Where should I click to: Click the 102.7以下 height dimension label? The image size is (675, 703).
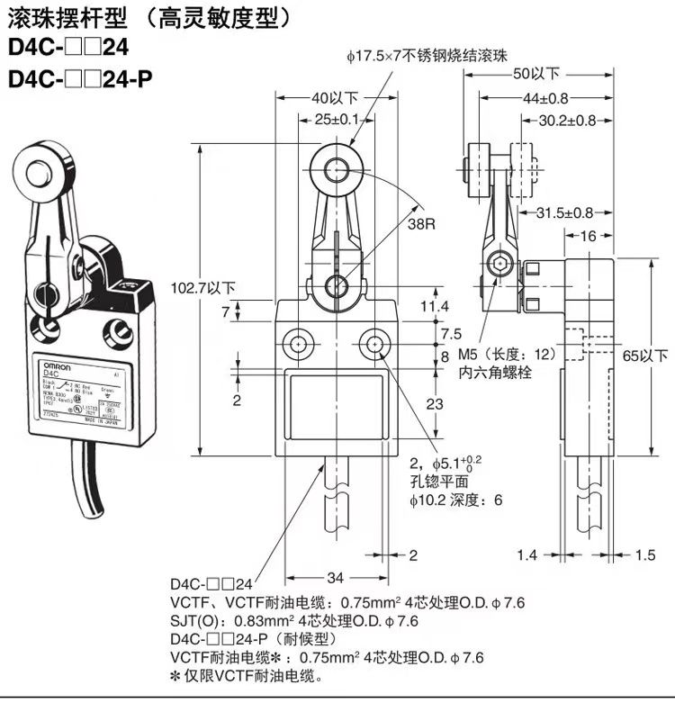(x=202, y=288)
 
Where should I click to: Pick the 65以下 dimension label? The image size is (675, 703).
(x=646, y=356)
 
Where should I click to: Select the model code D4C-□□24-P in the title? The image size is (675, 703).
(x=80, y=78)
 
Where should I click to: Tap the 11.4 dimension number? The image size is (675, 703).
(x=434, y=307)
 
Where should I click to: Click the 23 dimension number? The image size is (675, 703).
(x=434, y=404)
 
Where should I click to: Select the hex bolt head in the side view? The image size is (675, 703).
(x=496, y=265)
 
